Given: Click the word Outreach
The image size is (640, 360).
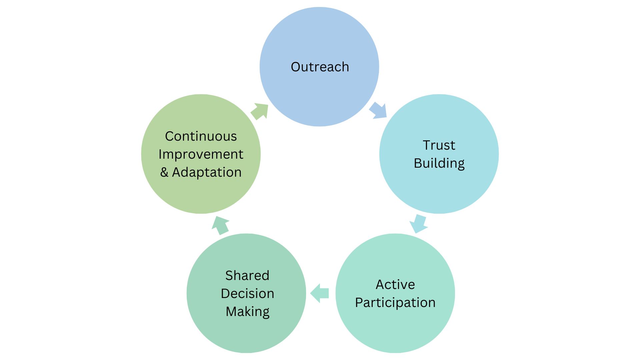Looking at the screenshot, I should tap(320, 67).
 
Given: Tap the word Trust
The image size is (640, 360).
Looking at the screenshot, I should tap(439, 145).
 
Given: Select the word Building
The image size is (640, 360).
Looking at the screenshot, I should tap(439, 163).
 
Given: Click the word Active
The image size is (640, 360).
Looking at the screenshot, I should tap(395, 285).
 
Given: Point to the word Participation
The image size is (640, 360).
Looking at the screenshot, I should tap(395, 303).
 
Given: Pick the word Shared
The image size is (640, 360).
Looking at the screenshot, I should tap(247, 276).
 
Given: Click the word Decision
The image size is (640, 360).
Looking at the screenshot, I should tap(247, 294).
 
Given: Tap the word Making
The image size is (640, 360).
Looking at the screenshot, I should tap(247, 312).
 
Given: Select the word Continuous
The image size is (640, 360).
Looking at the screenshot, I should tap(201, 136).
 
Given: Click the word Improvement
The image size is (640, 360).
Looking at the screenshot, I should tap(201, 154).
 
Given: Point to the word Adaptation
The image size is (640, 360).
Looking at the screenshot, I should tap(207, 172).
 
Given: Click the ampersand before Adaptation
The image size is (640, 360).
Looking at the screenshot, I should tap(164, 172).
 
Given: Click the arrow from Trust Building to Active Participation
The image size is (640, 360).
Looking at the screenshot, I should tap(418, 224).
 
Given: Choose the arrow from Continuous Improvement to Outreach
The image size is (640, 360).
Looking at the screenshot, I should tap(260, 111).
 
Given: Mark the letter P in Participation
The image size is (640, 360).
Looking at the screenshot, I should tap(359, 303).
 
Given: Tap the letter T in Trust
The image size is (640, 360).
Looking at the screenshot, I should tap(426, 145).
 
